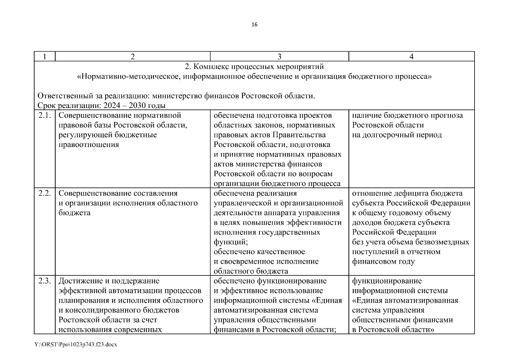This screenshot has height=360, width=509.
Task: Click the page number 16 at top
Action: click(254, 25)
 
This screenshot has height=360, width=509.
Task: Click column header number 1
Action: click(45, 56)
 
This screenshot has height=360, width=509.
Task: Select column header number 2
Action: click(132, 56)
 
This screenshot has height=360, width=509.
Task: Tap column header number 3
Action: click(279, 56)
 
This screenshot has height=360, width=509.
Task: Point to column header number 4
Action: click(412, 56)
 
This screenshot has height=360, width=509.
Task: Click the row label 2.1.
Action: click(45, 115)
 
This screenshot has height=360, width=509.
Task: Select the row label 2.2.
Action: click(45, 193)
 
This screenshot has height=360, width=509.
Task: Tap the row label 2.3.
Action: click(45, 281)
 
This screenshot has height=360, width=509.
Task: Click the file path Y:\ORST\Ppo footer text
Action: click(76, 344)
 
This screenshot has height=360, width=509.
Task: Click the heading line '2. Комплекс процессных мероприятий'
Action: click(254, 67)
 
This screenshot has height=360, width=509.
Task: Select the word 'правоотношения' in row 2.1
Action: click(89, 145)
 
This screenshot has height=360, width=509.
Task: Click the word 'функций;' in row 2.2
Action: click(231, 242)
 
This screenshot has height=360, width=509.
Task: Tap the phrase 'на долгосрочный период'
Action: click(397, 135)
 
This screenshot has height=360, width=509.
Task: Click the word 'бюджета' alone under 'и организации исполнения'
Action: click(74, 213)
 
